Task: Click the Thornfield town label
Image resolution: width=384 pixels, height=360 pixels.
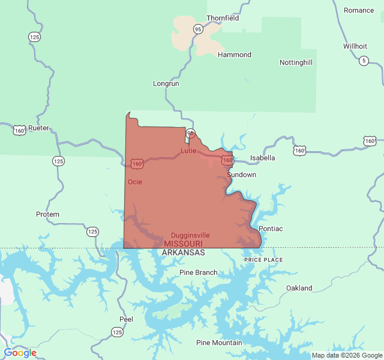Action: tap(223, 18)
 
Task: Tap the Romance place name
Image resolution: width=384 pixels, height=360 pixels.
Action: tap(359, 10)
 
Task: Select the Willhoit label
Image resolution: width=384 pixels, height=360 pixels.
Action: tap(355, 46)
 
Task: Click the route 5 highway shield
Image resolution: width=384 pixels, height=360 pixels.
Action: tap(364, 61)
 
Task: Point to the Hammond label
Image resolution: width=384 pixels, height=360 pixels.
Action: tap(234, 55)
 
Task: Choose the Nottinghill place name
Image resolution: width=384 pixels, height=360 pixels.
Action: tap(296, 62)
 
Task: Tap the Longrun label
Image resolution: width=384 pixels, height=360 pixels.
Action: tap(166, 83)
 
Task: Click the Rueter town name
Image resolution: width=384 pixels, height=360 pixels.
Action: tap(38, 128)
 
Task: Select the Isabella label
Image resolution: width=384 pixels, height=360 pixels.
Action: tap(262, 158)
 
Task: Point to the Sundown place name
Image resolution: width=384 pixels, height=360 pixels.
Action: tap(242, 175)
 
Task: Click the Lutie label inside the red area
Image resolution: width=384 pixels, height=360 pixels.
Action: tap(188, 150)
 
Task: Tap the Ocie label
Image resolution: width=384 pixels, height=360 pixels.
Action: tap(135, 182)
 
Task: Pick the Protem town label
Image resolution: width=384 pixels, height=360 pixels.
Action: tap(47, 214)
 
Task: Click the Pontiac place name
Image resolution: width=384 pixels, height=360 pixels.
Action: tap(271, 229)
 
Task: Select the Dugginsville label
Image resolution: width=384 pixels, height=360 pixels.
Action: tap(190, 235)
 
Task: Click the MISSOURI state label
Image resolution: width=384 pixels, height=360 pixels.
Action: tap(183, 244)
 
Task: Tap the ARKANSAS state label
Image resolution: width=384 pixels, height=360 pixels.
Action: tap(183, 253)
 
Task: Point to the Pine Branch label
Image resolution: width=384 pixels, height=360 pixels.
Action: tap(199, 272)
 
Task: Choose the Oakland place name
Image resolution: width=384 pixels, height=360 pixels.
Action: tap(299, 288)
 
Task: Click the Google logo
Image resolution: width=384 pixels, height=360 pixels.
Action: tap(20, 353)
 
